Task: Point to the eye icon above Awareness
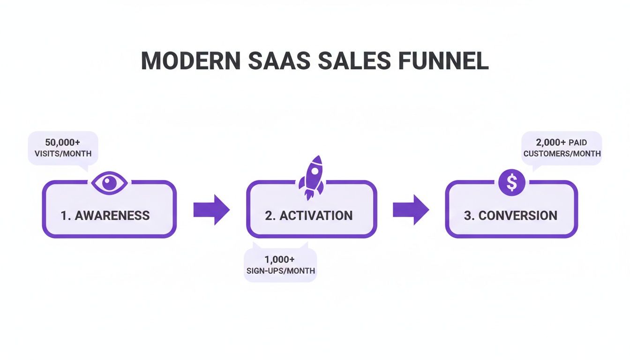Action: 109,182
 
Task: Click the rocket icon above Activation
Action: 311,177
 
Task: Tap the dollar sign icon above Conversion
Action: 511,183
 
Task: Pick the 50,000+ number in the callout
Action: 62,142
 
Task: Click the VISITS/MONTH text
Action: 62,153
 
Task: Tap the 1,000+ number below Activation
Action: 280,260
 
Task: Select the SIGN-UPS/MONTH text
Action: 280,271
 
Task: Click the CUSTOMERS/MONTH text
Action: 562,153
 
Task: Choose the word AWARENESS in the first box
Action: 112,216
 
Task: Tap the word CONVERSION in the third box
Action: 518,216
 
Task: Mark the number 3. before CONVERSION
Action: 469,216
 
